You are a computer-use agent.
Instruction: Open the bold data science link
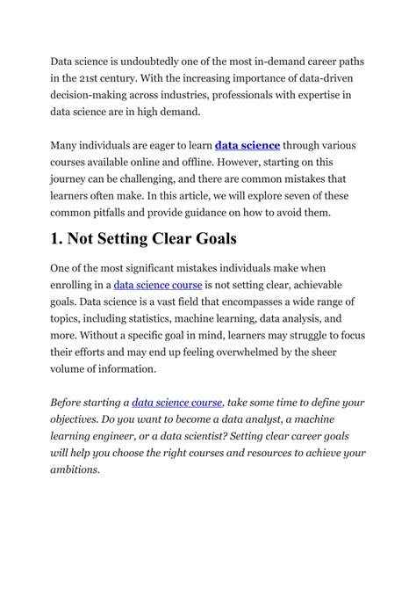tap(248, 147)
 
